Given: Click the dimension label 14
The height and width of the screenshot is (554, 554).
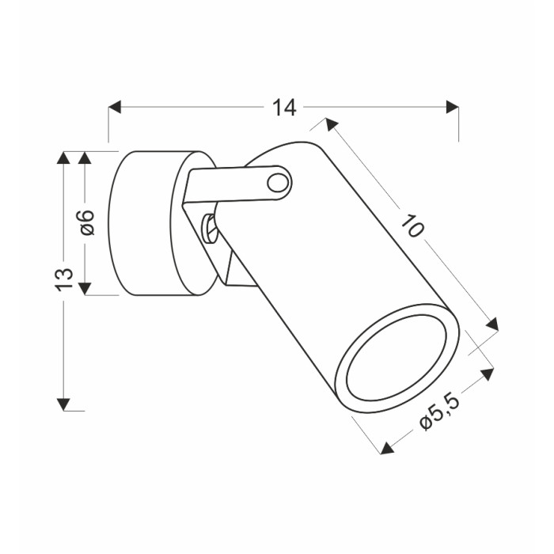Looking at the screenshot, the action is pyautogui.click(x=284, y=108).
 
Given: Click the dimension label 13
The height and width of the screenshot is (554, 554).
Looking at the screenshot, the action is pyautogui.click(x=64, y=279).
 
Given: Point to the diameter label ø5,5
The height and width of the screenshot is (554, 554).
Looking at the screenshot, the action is pyautogui.click(x=440, y=412).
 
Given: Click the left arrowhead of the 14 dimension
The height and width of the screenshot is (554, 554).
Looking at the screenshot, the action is pyautogui.click(x=115, y=107).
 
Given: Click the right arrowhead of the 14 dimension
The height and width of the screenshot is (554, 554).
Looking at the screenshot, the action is pyautogui.click(x=452, y=107).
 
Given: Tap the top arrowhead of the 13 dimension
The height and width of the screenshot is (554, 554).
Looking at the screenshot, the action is pyautogui.click(x=63, y=157).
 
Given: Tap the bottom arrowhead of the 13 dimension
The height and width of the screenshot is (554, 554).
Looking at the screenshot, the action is pyautogui.click(x=63, y=404).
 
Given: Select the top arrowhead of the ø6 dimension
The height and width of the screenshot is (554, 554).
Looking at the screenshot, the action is pyautogui.click(x=85, y=157).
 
